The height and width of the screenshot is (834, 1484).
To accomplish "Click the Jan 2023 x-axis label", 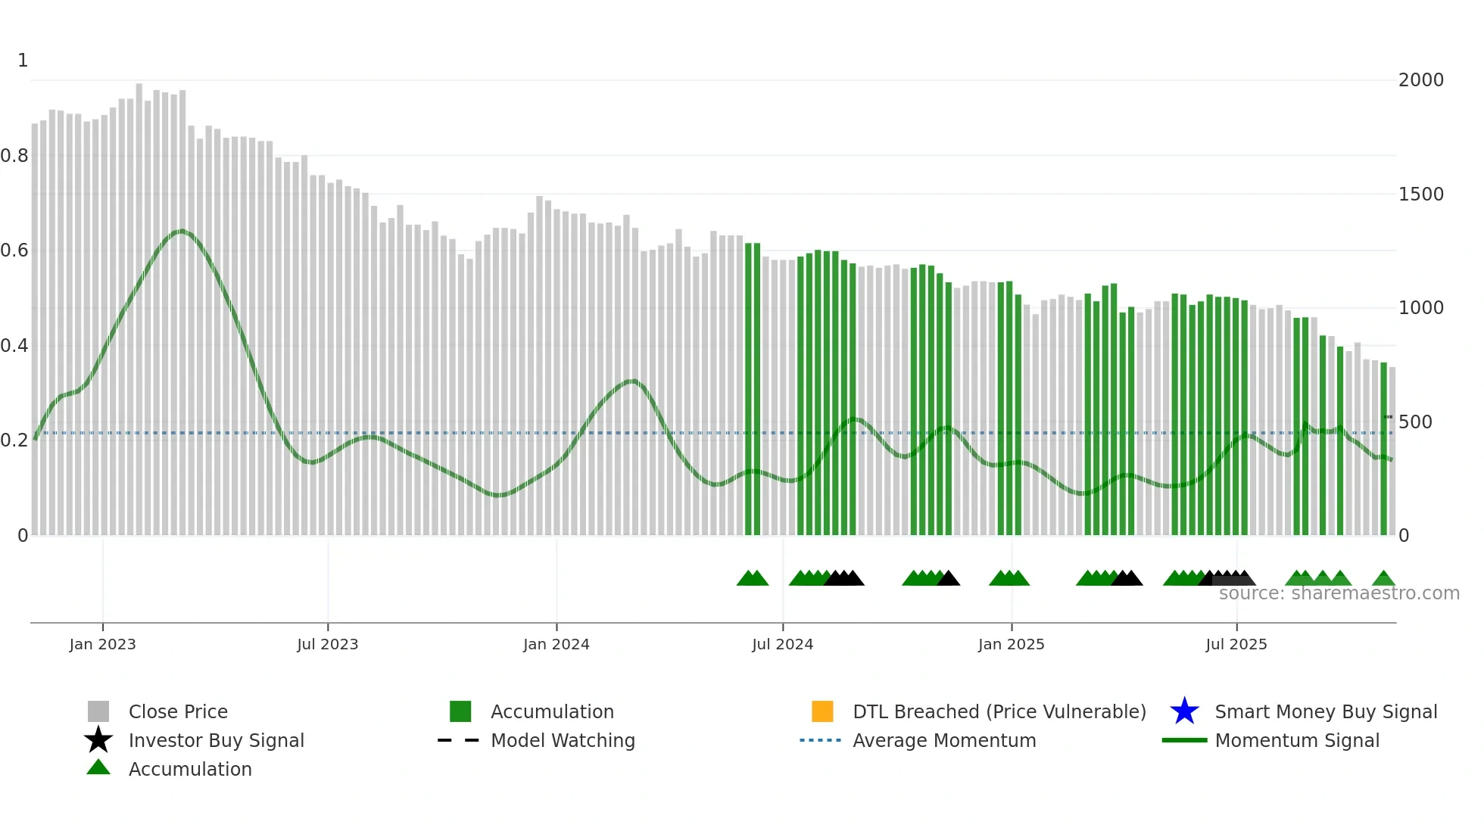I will [x=102, y=644].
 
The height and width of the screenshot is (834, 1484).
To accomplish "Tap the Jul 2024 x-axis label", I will [x=782, y=644].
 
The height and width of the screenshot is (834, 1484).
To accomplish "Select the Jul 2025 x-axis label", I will [x=1236, y=644].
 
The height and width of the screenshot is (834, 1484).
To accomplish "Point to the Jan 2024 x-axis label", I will [x=556, y=644].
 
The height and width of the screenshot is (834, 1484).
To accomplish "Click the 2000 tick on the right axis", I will [x=1420, y=80].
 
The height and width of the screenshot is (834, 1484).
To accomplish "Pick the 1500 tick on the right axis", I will [x=1420, y=194].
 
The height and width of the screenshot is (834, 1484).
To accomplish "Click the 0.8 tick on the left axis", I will [x=14, y=156].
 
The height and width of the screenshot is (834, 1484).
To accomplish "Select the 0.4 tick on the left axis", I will [x=14, y=346].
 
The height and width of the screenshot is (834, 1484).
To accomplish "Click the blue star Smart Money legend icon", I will [x=1184, y=711].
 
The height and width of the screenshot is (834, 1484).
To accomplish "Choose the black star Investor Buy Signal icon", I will [x=98, y=740].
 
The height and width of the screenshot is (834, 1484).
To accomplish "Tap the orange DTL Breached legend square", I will [x=821, y=711].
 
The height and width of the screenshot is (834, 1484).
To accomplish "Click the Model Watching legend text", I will [x=563, y=740].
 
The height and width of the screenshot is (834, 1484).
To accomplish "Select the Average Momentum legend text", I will [x=944, y=740].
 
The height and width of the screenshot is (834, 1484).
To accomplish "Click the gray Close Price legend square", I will [x=98, y=711].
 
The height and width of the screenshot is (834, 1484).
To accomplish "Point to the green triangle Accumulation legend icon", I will [x=98, y=767].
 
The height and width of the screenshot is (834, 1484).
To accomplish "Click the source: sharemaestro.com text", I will [x=1339, y=593].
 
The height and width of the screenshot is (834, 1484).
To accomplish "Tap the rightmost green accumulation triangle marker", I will [x=1383, y=579].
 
